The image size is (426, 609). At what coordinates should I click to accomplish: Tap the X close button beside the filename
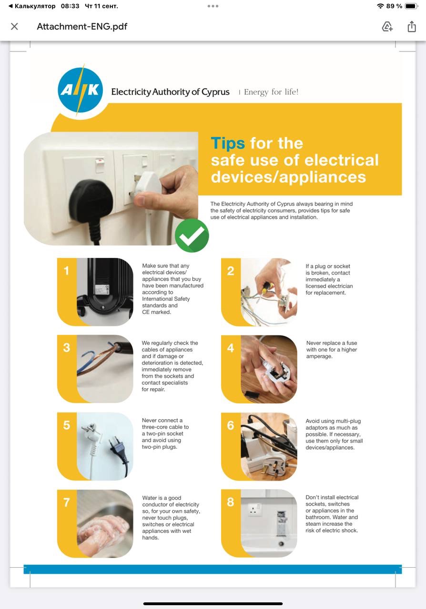(x=14, y=26)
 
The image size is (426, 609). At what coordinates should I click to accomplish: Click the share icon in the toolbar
(x=412, y=26)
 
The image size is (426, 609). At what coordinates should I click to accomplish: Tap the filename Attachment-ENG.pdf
(x=82, y=26)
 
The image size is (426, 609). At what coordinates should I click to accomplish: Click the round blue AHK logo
(x=81, y=90)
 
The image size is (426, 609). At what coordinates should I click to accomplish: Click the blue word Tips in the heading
(x=228, y=143)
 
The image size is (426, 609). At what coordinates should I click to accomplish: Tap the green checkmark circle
(x=192, y=236)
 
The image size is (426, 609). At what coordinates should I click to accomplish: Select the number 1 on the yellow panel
(x=66, y=271)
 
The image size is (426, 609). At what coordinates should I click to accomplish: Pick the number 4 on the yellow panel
(x=231, y=348)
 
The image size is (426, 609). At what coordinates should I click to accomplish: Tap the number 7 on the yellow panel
(x=66, y=502)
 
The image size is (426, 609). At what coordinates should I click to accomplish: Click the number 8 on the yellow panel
(x=231, y=502)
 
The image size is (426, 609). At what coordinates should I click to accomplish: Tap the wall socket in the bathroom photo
(x=254, y=509)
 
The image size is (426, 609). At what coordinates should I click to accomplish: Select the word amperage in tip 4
(x=319, y=356)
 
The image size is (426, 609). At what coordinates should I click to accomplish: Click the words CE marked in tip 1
(x=157, y=312)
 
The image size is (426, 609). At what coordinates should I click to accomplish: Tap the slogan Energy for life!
(x=271, y=92)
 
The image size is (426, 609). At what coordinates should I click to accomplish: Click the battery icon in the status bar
(x=411, y=6)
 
